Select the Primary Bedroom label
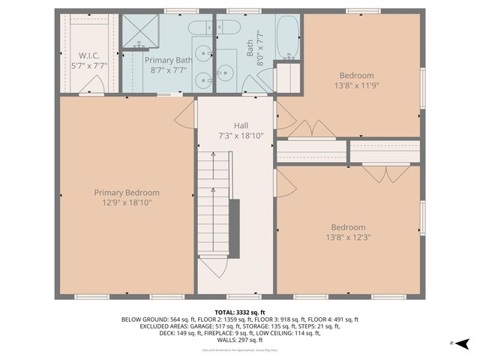(x=127, y=193)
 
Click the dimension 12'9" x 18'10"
(x=127, y=202)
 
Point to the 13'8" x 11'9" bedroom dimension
(x=356, y=85)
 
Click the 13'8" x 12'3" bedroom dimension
(x=348, y=237)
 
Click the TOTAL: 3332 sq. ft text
(x=240, y=312)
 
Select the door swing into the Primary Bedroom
(x=185, y=114)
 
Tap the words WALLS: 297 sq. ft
(x=240, y=340)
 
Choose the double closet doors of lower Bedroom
(x=386, y=173)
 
